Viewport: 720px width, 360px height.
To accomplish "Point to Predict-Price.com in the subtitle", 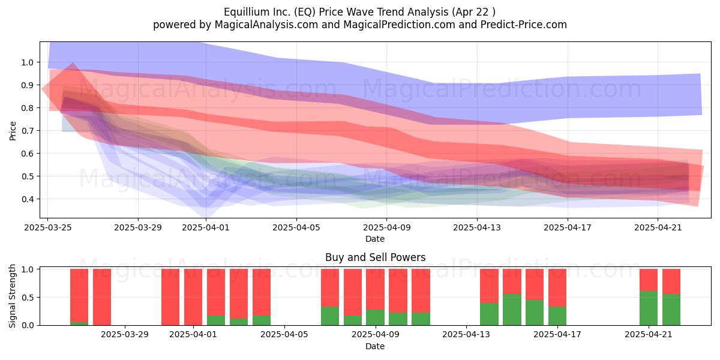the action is click(524, 25).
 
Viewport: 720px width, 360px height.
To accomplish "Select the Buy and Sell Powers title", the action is click(375, 257).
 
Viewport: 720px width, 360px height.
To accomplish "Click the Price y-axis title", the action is click(13, 131).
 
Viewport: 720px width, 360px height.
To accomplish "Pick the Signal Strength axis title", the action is click(12, 296).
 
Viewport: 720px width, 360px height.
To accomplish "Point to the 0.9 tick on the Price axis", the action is click(28, 85).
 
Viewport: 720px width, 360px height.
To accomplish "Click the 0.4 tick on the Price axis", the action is click(28, 199).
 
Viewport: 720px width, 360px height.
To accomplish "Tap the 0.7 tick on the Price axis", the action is click(28, 131).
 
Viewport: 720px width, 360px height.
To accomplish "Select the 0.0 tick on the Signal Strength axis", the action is click(28, 325).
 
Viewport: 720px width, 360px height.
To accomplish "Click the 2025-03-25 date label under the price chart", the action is click(47, 227).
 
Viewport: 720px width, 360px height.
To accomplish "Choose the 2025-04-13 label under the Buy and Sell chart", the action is click(466, 335).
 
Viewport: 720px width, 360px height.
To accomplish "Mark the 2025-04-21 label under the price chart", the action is click(658, 227).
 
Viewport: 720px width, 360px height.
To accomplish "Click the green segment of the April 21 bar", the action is click(649, 308).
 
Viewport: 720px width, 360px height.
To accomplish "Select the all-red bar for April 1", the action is click(193, 297).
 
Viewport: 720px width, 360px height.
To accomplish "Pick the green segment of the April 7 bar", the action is click(330, 316).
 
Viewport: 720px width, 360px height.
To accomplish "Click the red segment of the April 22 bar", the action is click(671, 281).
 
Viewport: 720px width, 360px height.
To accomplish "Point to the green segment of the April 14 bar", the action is click(489, 314).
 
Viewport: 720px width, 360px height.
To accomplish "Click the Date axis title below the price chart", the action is click(375, 239).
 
